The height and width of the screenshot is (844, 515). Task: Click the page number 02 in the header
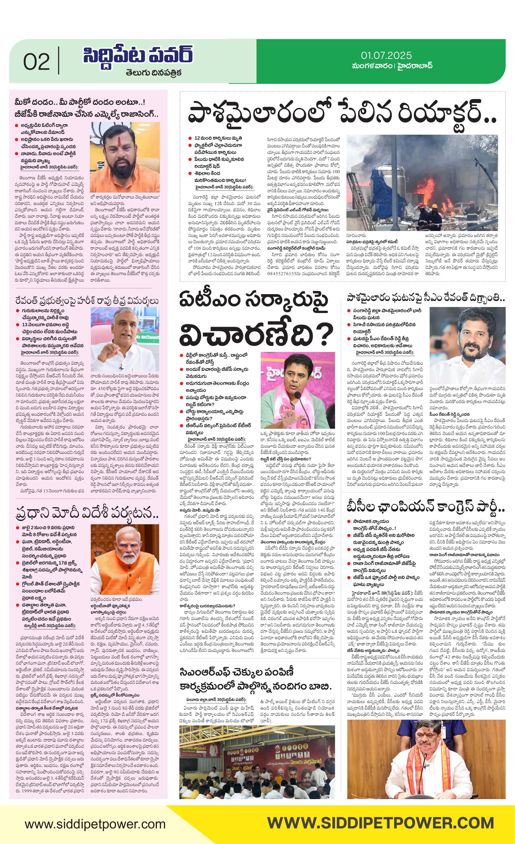[36, 62]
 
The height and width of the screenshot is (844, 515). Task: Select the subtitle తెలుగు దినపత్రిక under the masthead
[153, 73]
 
